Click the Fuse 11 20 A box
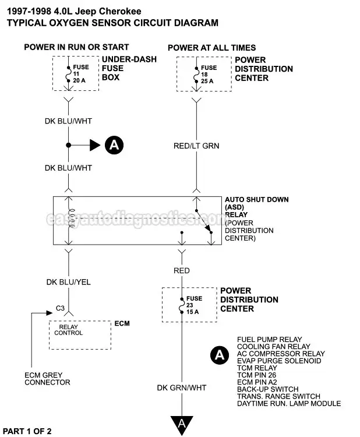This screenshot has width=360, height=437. click(76, 73)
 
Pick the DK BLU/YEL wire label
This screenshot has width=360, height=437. click(68, 282)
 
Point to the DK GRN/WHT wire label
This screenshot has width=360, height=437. click(181, 387)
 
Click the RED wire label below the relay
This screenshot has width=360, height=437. click(181, 271)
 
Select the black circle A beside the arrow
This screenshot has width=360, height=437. click(114, 145)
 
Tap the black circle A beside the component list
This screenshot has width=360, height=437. click(220, 354)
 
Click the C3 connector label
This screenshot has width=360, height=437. click(59, 308)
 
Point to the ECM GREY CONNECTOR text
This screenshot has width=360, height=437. click(47, 378)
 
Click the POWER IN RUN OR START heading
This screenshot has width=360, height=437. click(76, 47)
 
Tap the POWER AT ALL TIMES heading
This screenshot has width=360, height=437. click(211, 48)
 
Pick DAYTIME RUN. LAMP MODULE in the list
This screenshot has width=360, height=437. click(289, 404)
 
